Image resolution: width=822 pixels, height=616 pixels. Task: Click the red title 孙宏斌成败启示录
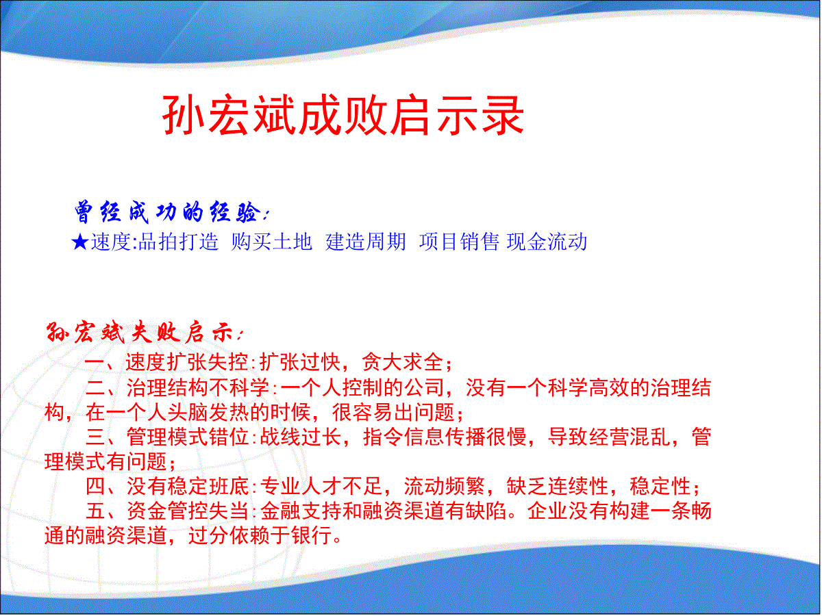(343, 115)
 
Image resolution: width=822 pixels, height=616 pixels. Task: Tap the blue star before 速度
(79, 242)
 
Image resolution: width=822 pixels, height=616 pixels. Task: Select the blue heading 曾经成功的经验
(168, 212)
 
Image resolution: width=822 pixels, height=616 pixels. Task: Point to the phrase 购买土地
(271, 242)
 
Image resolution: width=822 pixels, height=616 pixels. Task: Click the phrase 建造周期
(366, 242)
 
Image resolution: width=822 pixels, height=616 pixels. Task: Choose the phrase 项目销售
(459, 242)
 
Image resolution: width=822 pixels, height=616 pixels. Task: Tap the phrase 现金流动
(547, 242)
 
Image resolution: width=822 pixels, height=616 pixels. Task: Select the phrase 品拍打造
(178, 242)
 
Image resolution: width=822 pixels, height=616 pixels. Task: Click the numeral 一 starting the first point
(95, 363)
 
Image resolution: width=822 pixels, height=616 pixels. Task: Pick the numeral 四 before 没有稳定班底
(95, 487)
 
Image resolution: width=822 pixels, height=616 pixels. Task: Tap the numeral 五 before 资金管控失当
(95, 511)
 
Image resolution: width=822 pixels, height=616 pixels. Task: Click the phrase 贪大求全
(403, 363)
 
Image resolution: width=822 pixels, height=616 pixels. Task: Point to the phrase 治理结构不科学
(198, 387)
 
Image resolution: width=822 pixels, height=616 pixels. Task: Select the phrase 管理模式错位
(188, 437)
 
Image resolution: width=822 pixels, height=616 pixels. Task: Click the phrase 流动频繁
(445, 487)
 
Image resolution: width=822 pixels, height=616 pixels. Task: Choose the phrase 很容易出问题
(394, 413)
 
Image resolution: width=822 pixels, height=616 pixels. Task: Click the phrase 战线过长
(301, 437)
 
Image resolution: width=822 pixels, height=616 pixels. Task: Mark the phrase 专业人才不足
(321, 487)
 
